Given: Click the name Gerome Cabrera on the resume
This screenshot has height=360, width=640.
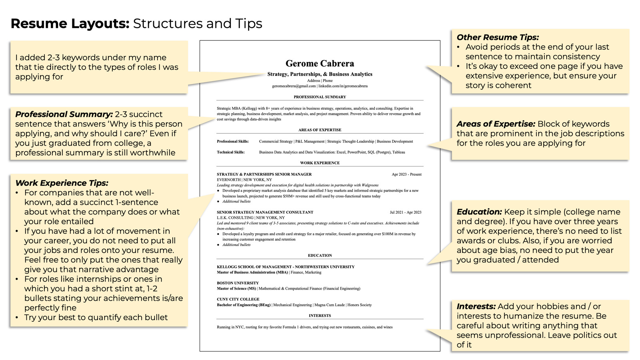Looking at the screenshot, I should [x=320, y=63].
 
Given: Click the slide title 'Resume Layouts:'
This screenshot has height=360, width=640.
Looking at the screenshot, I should [x=70, y=24].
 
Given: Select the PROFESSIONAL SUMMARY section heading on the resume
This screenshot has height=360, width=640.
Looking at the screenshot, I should [x=320, y=97].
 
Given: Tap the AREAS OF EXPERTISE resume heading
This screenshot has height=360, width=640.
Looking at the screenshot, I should [x=320, y=130].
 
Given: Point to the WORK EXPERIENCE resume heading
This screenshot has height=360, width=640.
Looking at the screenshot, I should [x=320, y=163].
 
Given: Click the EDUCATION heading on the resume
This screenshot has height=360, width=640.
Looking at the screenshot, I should [x=320, y=255].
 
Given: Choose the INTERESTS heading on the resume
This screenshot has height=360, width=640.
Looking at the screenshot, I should [x=320, y=316].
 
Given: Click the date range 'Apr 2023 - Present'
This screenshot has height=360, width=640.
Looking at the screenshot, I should [x=406, y=174].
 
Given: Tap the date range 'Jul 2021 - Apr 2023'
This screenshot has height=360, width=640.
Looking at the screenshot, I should [x=405, y=212].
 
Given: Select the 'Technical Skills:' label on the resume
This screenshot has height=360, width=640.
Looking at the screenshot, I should [x=231, y=152].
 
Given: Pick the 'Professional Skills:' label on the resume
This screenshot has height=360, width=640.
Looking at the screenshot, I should [x=233, y=141].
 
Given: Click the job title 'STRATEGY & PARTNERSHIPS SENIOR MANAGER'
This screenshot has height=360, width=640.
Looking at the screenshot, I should [x=264, y=174].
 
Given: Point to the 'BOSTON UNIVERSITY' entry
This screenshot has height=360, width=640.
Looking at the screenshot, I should [x=238, y=283].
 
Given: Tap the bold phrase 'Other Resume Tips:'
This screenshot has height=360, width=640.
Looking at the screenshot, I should [x=498, y=37].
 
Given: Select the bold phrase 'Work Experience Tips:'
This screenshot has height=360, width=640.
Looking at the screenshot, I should [x=62, y=183].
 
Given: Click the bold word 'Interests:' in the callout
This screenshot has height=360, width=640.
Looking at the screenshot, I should [x=476, y=306].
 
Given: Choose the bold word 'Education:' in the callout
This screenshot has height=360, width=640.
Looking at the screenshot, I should [x=479, y=212].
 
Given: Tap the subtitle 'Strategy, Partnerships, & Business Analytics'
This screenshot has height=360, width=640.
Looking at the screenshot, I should [x=320, y=74].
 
